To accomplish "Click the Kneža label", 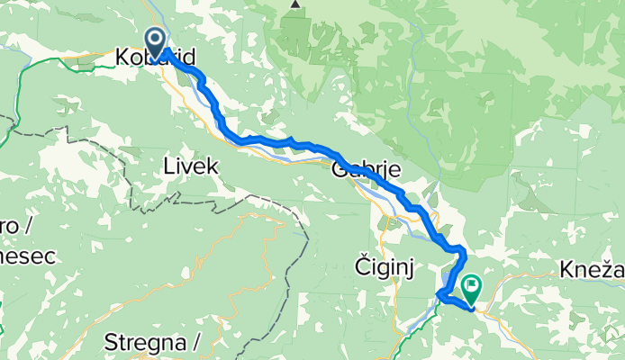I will (590, 266).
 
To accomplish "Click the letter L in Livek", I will (168, 165).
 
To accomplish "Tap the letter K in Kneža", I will (565, 266).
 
